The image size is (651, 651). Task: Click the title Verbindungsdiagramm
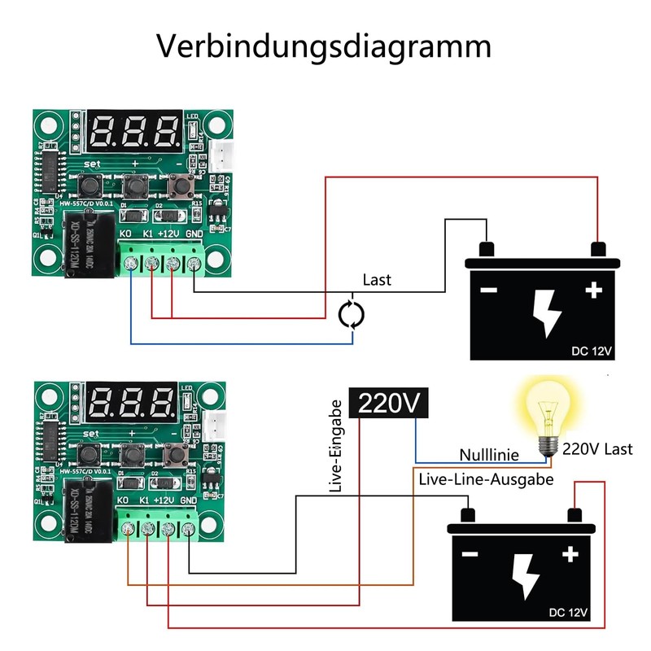[324, 46]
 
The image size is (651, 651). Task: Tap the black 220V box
[388, 402]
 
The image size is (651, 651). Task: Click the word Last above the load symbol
[377, 280]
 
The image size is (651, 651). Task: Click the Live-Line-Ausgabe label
[486, 479]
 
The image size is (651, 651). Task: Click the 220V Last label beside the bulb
[597, 448]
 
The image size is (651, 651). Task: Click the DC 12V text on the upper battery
[591, 351]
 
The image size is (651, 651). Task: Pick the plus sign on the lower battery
[570, 554]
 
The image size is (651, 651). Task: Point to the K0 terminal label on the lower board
[124, 500]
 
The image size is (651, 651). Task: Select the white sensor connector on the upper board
[217, 153]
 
